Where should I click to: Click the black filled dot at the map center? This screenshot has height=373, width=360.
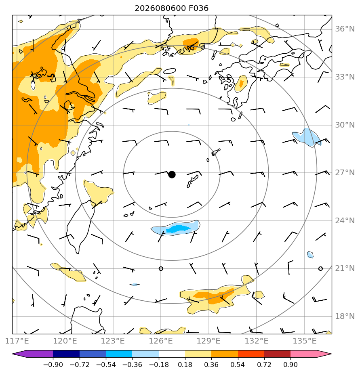[x=172, y=175]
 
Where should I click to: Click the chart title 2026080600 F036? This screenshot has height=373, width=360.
[x=171, y=8]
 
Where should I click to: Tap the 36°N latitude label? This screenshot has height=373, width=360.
[x=345, y=29]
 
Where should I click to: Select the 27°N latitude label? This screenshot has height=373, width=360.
[x=345, y=173]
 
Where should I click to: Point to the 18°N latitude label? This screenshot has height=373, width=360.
[x=345, y=316]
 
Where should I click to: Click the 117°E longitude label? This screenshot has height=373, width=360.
[x=17, y=341]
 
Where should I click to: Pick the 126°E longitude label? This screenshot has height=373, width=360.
[x=161, y=341]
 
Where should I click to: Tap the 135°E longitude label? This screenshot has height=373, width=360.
[x=305, y=341]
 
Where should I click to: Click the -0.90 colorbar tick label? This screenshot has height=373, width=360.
[x=53, y=365]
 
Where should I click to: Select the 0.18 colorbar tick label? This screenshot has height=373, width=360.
[x=185, y=365]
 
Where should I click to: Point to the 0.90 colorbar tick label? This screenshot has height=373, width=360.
[x=291, y=365]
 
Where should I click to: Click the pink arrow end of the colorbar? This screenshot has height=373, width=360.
[x=324, y=354]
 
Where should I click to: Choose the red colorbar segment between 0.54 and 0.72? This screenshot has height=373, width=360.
[x=251, y=354]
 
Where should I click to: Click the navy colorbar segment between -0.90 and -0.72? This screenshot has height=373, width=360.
[x=66, y=354]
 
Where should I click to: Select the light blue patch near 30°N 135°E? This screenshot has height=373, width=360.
[x=307, y=138]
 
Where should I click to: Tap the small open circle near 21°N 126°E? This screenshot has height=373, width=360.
[x=161, y=268]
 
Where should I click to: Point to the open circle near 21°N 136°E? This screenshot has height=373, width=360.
[x=320, y=268]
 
